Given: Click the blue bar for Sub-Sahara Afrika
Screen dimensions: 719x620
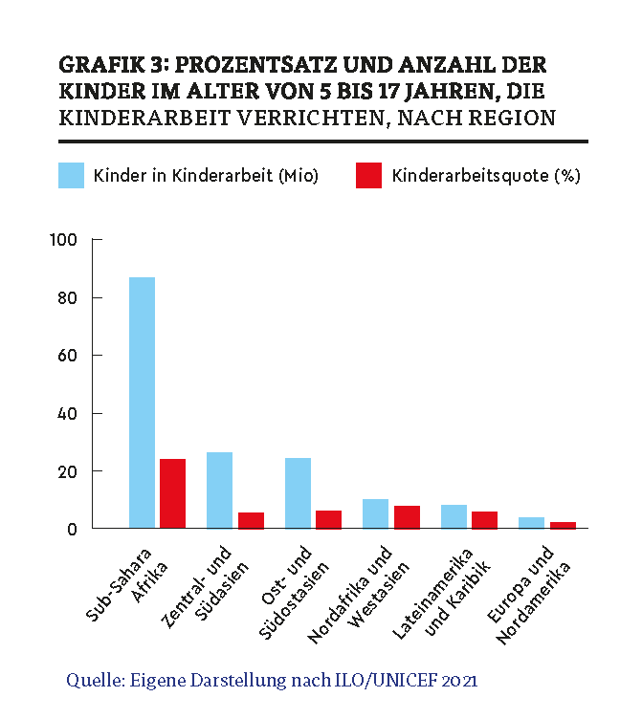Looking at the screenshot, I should point(142,403).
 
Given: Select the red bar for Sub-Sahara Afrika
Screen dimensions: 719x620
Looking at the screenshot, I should point(172,493).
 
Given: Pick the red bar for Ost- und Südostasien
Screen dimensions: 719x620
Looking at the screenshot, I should point(328,519).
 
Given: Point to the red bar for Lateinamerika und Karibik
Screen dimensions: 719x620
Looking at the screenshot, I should point(484,520).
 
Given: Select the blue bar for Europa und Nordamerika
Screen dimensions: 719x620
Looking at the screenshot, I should point(531,523).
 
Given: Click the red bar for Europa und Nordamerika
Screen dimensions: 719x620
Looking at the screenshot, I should point(563,525).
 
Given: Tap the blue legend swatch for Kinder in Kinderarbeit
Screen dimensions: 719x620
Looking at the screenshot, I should point(71,176).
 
